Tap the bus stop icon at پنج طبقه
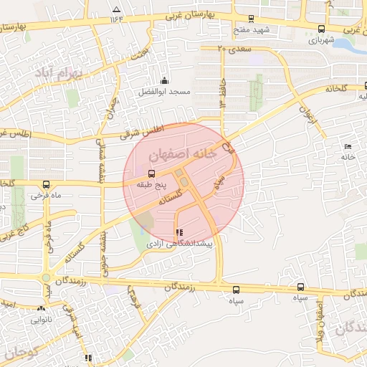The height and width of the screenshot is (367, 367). point(151,173)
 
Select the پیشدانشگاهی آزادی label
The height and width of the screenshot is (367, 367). point(180,244)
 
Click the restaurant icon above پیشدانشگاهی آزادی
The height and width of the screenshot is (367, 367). point(178,233)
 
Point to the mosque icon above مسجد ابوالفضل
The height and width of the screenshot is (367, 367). point(164,80)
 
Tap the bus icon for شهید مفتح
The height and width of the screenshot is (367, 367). point(250,19)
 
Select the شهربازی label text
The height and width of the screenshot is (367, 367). point(322,41)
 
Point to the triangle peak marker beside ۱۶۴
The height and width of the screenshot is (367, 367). point(116,9)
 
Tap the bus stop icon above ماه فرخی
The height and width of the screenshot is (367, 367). point(47,183)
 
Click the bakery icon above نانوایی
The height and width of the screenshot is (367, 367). point(41,309)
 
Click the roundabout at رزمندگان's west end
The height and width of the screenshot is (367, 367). point(47,277)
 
